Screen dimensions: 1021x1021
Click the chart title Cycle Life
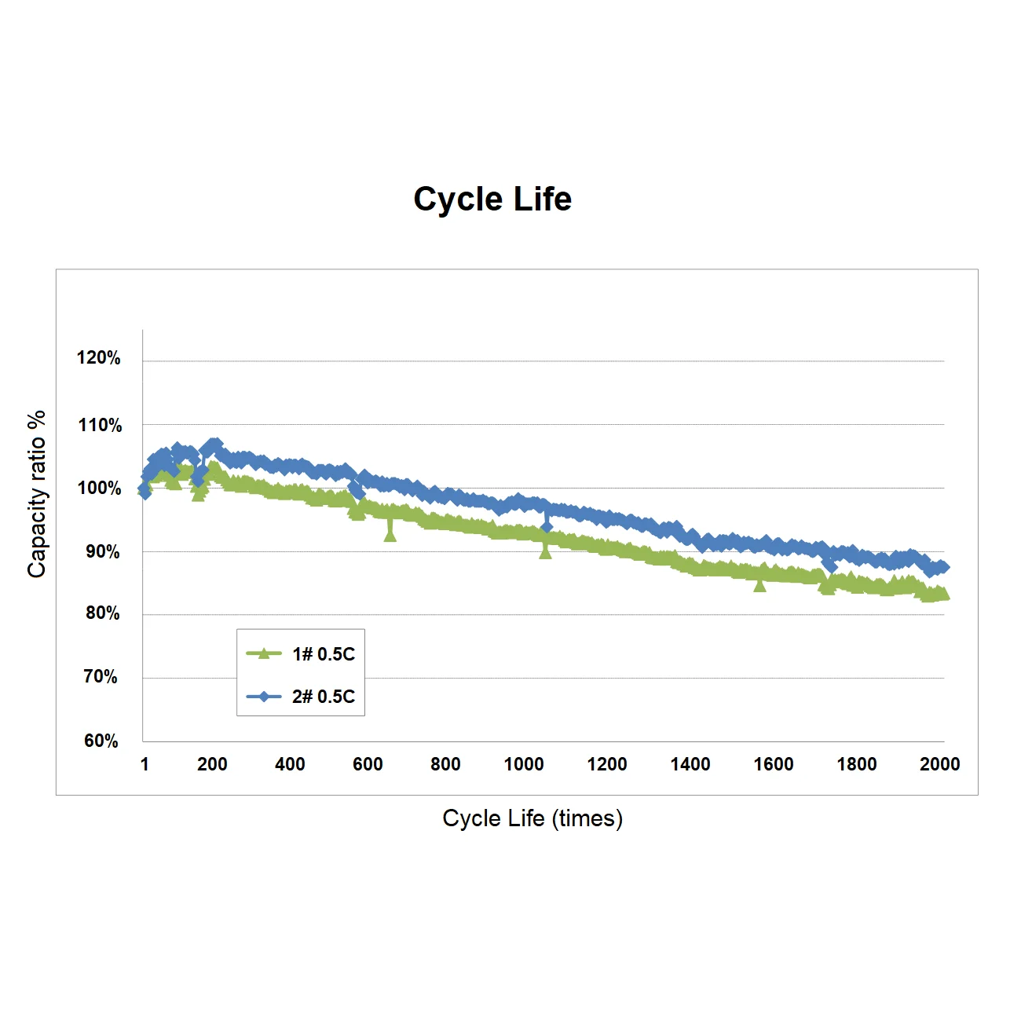pos(492,199)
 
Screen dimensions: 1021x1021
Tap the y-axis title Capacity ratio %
pos(37,494)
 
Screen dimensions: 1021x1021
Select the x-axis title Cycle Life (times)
pos(532,818)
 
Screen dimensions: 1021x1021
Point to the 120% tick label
pos(99,358)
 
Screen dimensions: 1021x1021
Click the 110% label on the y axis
pos(100,426)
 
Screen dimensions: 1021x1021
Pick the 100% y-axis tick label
pos(99,489)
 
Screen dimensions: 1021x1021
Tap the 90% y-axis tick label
pos(103,551)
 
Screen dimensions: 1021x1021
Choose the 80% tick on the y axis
pos(103,613)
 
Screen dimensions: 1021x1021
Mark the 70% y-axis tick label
pos(101,677)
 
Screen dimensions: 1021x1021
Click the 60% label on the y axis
pos(101,741)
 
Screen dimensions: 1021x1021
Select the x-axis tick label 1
pos(145,764)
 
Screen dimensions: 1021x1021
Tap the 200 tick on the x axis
pos(212,764)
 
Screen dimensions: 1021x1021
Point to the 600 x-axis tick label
pos(368,764)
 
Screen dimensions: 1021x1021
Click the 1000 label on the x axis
pos(524,764)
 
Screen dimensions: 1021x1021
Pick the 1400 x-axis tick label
pos(690,764)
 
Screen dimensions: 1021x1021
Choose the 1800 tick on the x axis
pos(857,764)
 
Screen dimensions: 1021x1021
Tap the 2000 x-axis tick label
pos(940,764)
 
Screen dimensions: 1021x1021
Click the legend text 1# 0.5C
pos(324,654)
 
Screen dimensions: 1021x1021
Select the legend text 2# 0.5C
pos(324,697)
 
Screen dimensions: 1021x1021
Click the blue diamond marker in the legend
pos(265,697)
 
